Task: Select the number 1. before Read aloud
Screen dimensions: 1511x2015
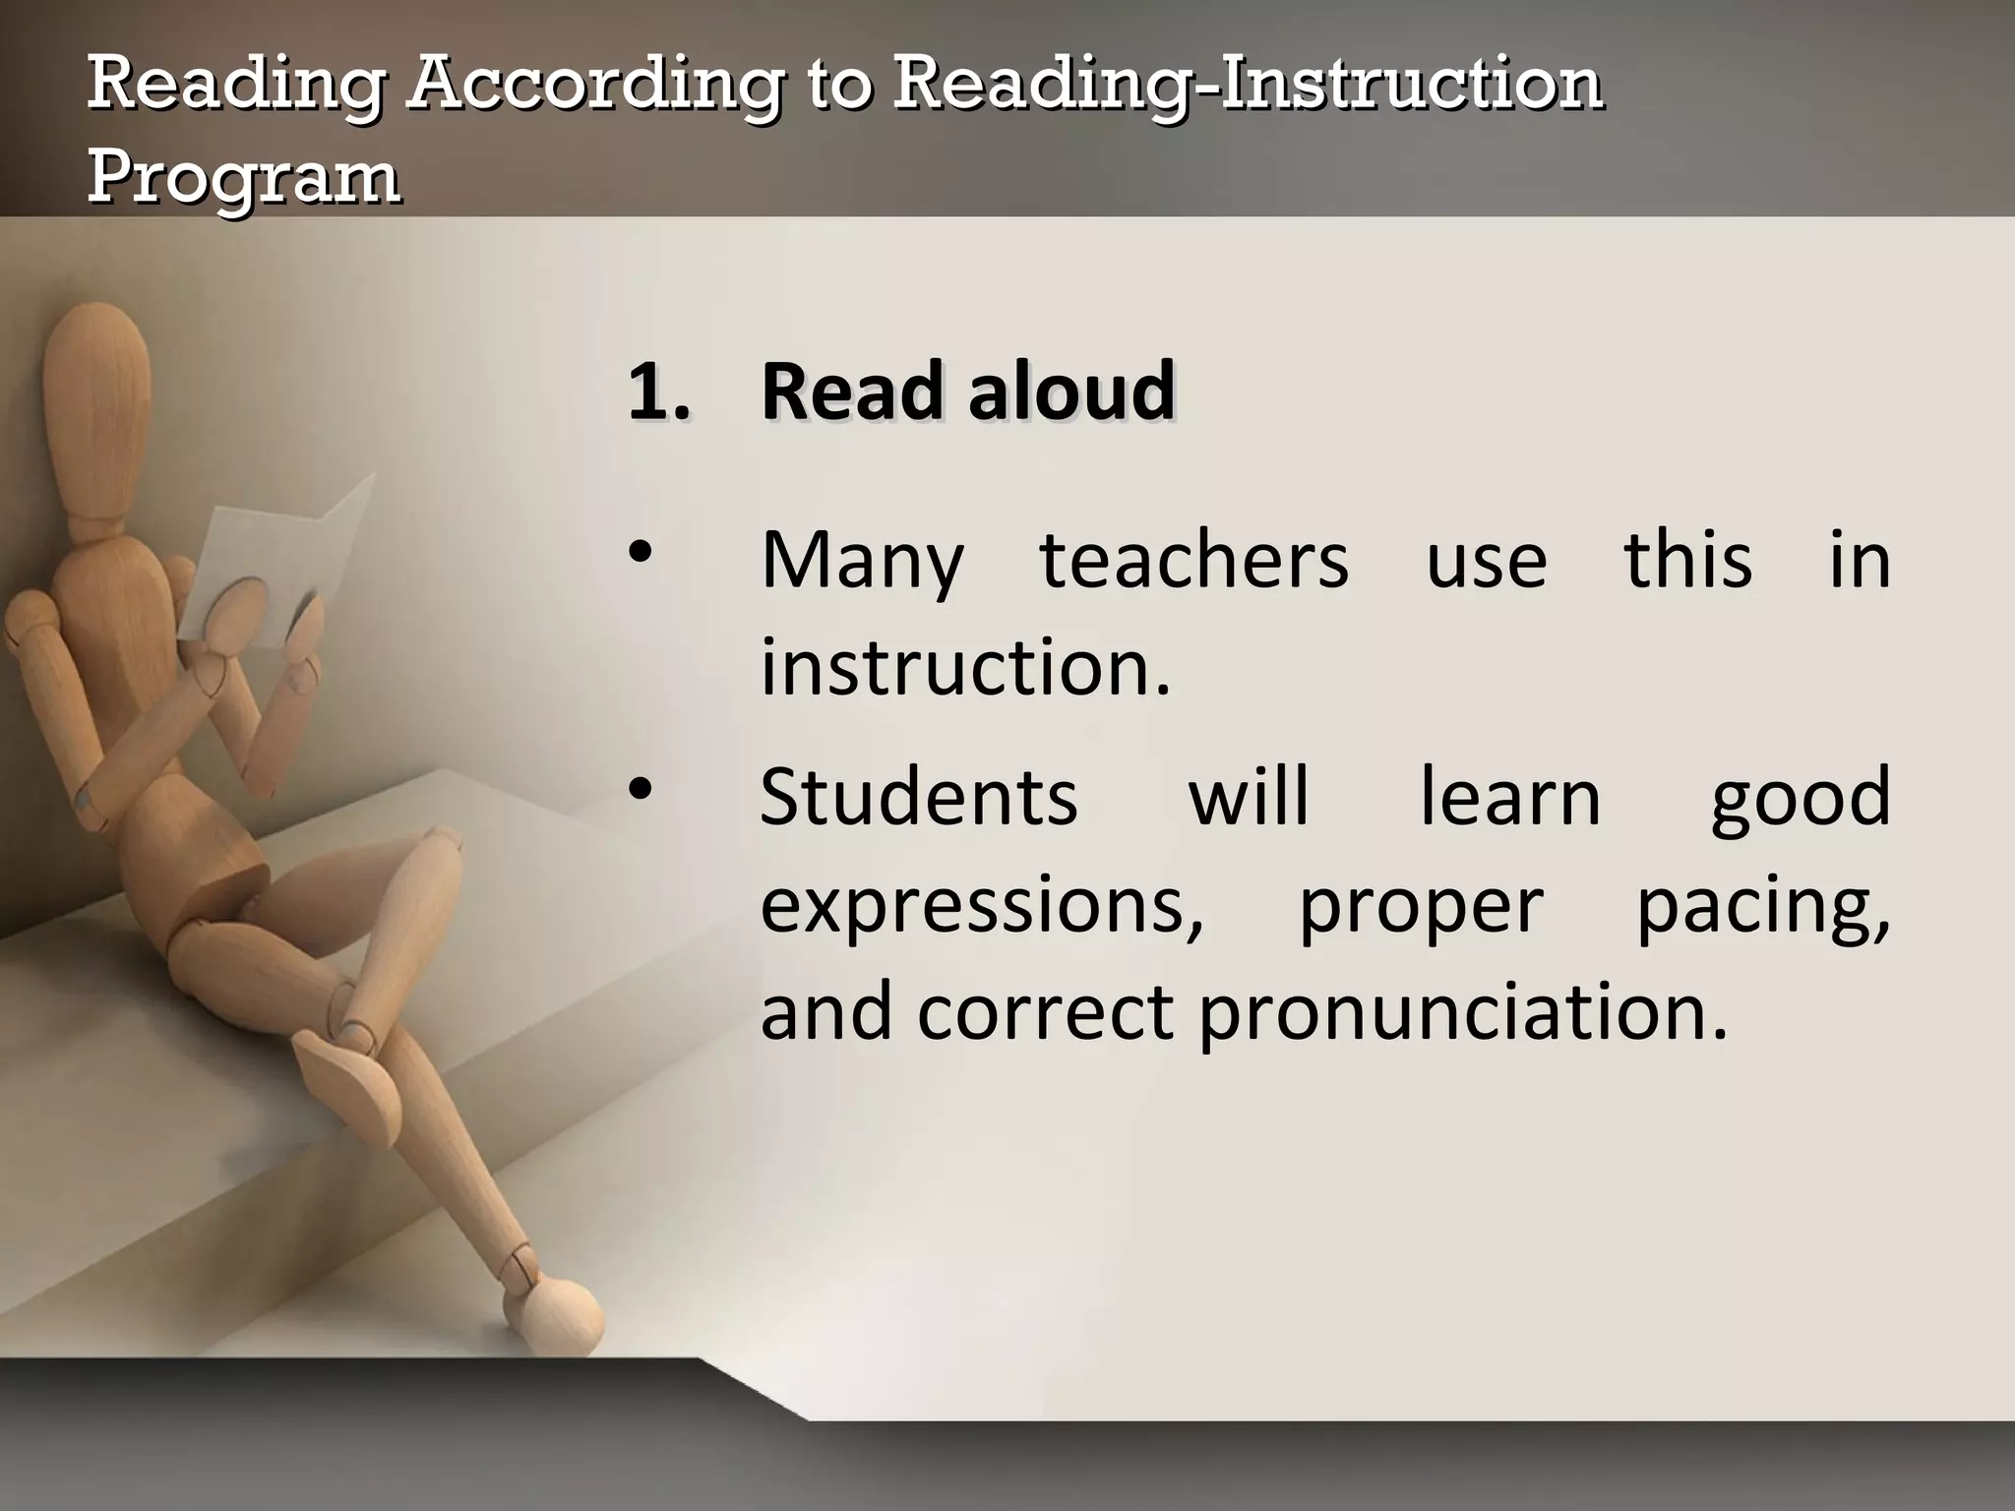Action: tap(658, 392)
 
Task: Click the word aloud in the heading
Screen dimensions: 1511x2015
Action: tap(1071, 392)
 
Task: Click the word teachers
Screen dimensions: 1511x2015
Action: tap(1193, 561)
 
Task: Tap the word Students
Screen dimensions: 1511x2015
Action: tap(919, 797)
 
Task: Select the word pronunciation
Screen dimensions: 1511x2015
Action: tap(1463, 1013)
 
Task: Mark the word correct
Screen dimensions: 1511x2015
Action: tap(1046, 1013)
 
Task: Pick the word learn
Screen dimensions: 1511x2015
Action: tap(1510, 797)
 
